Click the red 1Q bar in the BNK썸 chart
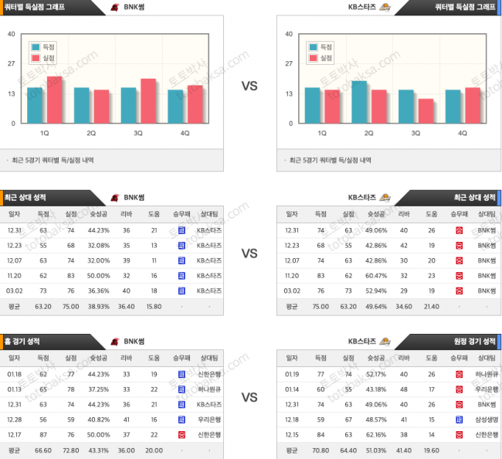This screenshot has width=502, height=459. pyautogui.click(x=54, y=100)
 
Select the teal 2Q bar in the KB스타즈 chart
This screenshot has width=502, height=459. pyautogui.click(x=359, y=102)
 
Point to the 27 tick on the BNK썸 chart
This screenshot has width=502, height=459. pyautogui.click(x=11, y=64)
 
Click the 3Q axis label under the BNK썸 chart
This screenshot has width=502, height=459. pyautogui.click(x=137, y=133)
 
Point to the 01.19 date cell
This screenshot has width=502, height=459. pyautogui.click(x=291, y=373)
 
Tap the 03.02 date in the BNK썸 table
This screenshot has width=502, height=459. pyautogui.click(x=15, y=290)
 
